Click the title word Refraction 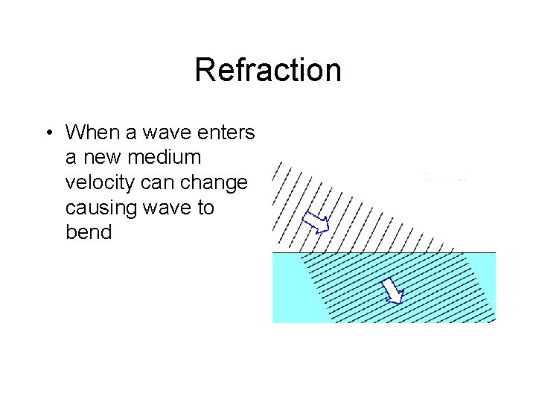point(268,71)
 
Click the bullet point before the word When point(47,133)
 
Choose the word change point(218,183)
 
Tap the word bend point(89,232)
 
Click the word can point(165,183)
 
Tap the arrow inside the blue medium point(392,290)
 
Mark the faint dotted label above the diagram point(445,177)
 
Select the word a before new point(72,158)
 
